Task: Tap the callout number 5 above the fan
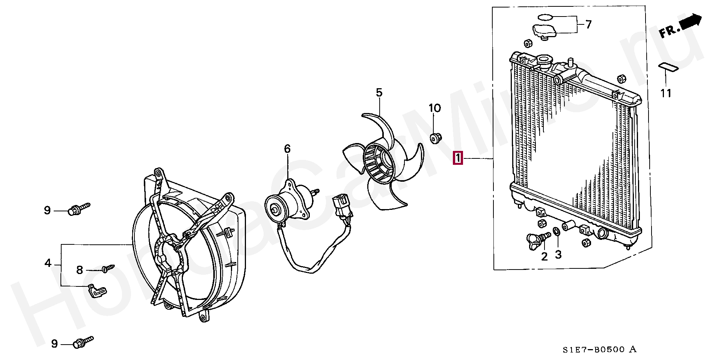(379, 92)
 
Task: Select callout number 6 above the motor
(287, 149)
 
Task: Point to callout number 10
(434, 108)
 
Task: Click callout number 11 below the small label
(666, 93)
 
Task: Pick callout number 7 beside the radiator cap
(588, 24)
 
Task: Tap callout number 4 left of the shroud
(48, 263)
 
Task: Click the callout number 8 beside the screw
(80, 270)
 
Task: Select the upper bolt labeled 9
(79, 208)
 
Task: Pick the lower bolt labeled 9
(83, 342)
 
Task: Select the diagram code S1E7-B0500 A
(599, 350)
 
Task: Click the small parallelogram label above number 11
(668, 67)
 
